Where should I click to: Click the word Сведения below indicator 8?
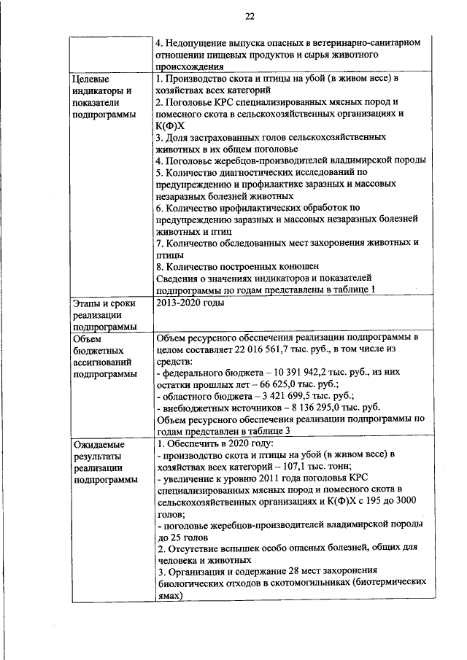click(x=178, y=278)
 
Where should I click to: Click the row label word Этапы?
click(x=89, y=302)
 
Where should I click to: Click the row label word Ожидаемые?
click(x=99, y=444)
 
